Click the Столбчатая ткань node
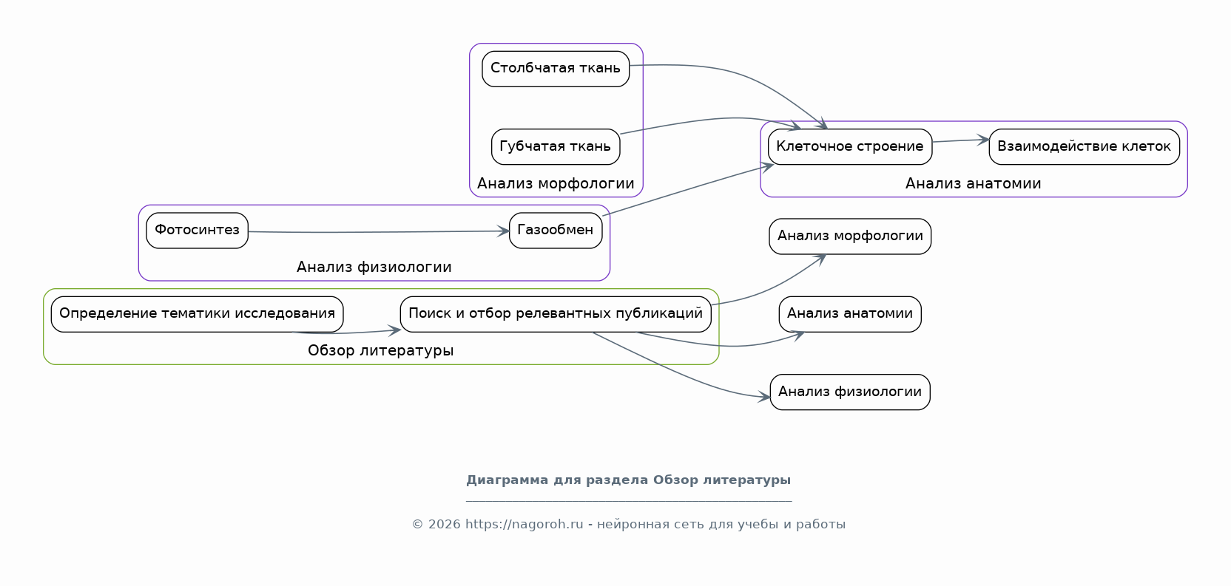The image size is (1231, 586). point(556,69)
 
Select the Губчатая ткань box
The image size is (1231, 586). point(556,146)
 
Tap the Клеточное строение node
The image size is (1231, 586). point(850,146)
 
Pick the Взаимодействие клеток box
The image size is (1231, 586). point(1085,146)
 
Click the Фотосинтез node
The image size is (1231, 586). point(198,231)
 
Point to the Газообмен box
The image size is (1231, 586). point(556,231)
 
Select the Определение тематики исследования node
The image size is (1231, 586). point(198,314)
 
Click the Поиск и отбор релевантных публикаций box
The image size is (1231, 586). point(556,314)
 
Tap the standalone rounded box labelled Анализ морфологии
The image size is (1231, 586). point(850,236)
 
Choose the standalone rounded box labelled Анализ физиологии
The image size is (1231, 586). point(850,392)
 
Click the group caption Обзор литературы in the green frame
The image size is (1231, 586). point(381,350)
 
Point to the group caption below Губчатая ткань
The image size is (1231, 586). point(556,183)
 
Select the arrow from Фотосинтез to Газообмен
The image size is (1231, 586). point(379,232)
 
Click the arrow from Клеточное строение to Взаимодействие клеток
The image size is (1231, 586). point(961,140)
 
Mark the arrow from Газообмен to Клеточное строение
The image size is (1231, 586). point(688,189)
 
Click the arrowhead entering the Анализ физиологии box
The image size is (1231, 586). point(764,397)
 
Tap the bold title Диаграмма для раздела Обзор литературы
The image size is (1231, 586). point(629,480)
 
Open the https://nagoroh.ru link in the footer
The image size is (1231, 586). point(525,524)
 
